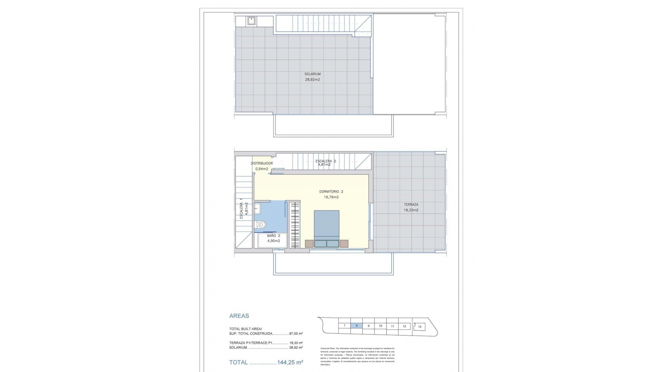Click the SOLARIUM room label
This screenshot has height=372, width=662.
[x=312, y=74]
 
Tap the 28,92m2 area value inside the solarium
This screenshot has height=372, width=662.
[x=312, y=80]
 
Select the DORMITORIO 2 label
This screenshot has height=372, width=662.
[x=331, y=192]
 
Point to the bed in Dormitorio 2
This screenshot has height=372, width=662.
[x=327, y=227]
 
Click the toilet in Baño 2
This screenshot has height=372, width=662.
[x=261, y=225]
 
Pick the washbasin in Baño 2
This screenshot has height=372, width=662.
[x=257, y=208]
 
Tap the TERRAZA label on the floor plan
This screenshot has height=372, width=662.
[x=411, y=205]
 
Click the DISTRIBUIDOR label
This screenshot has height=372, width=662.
[x=262, y=163]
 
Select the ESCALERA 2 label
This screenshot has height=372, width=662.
[x=325, y=161]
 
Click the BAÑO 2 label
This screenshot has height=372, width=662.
[x=273, y=236]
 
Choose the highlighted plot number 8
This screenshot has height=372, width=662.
[x=357, y=326]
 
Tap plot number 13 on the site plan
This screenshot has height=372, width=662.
[x=420, y=327]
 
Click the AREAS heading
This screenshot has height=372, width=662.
[x=239, y=316]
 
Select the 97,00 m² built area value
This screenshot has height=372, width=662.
[x=296, y=334]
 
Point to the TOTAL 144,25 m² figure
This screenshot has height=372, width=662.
[x=266, y=362]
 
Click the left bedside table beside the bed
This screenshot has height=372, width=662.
[x=309, y=244]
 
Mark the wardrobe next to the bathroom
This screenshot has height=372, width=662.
[x=294, y=225]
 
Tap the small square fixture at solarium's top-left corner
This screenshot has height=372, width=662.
[x=251, y=21]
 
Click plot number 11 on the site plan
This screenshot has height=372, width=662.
[x=392, y=326]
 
